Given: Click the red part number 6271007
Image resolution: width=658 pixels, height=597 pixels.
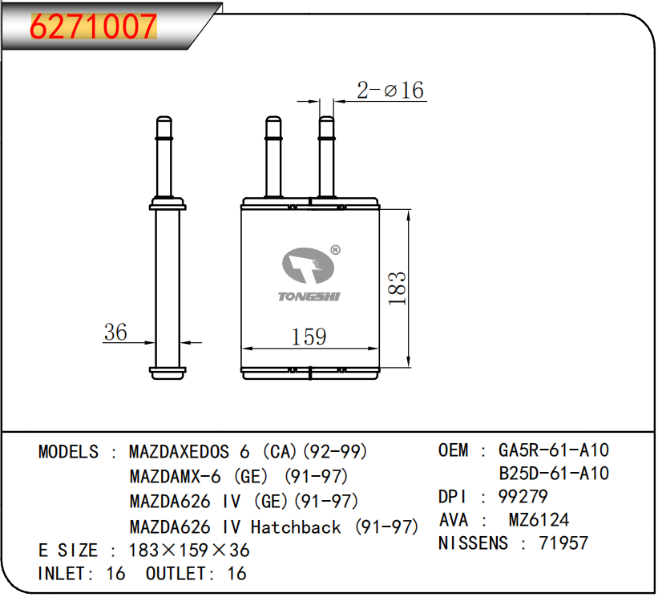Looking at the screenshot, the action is [94, 26].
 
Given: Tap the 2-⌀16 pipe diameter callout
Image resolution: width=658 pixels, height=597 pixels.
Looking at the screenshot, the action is [390, 91].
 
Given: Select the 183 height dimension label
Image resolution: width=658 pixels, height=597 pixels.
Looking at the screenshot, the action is [397, 288].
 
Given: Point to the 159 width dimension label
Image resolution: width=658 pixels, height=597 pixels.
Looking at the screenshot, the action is [309, 337].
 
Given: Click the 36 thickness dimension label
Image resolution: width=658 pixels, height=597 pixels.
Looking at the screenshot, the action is [115, 332].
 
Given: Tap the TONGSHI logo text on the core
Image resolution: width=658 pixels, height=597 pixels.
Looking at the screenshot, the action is [309, 296].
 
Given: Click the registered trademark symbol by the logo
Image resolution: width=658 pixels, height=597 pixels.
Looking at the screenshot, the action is [335, 250].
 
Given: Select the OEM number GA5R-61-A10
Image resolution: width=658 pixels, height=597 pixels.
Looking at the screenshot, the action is [554, 450].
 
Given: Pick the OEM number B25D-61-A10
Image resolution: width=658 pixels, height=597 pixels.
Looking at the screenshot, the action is [554, 474].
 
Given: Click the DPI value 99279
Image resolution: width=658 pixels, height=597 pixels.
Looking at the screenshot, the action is [523, 497].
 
